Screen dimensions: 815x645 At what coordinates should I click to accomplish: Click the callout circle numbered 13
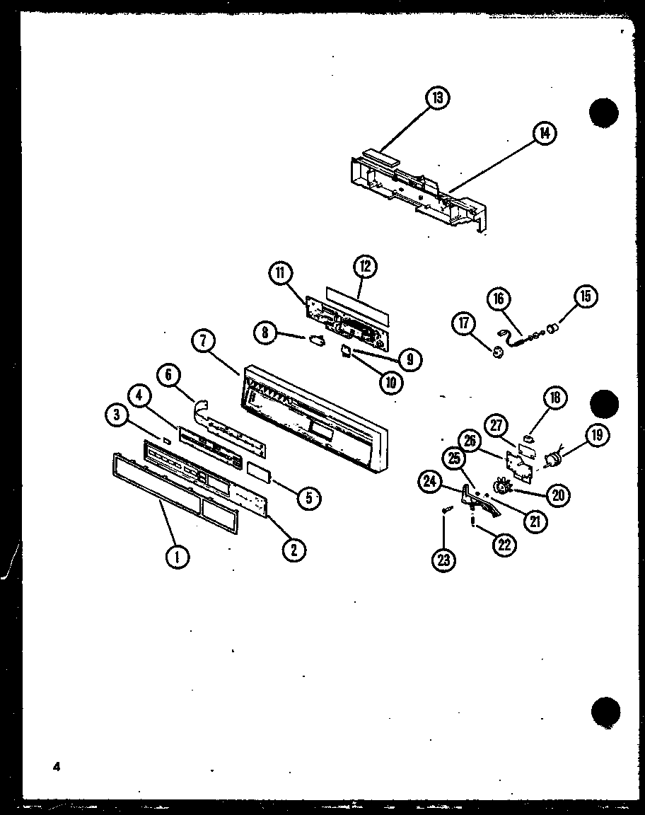coord(438,98)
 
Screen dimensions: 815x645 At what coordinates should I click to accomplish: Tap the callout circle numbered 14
coord(543,133)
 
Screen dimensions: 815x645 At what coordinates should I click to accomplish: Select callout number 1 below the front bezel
coord(178,558)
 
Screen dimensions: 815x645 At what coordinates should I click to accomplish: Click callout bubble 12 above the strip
coord(365,267)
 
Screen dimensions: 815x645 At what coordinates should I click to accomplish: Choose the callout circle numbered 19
coord(597,435)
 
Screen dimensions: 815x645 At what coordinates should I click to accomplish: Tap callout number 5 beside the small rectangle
coord(309,498)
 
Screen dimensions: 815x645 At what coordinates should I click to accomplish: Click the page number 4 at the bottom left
coord(55,766)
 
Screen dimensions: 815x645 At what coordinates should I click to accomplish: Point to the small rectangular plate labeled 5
coord(258,470)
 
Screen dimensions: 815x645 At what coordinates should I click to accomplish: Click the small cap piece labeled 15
coord(555,327)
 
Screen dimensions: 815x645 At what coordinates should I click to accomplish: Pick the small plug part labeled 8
coord(315,342)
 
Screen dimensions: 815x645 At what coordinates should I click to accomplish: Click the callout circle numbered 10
coord(390,383)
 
